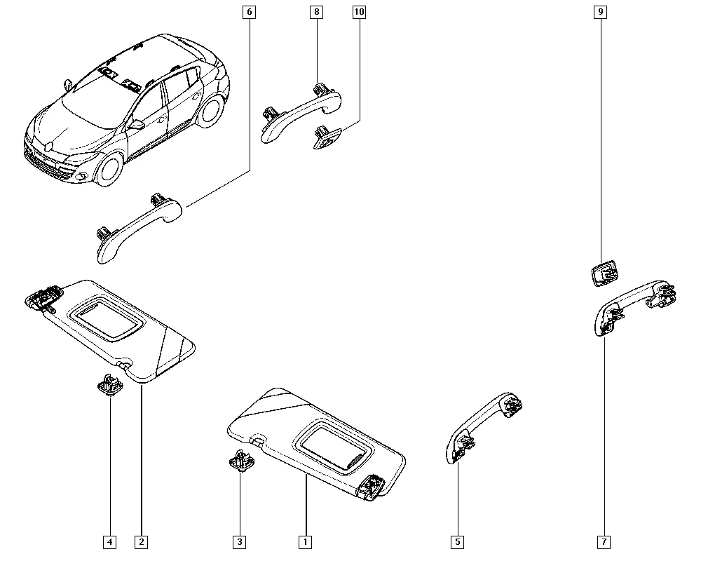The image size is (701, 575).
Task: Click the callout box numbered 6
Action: pos(249,12)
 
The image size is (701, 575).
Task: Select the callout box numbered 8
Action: pos(317,12)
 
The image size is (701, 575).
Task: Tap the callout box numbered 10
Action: pos(359,12)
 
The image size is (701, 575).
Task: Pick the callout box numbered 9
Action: pos(601,12)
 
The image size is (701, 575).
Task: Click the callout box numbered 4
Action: pos(109,542)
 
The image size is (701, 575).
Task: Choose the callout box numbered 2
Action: pos(142,542)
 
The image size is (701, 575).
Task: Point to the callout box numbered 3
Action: pos(240,542)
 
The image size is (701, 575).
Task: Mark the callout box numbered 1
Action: pos(306,542)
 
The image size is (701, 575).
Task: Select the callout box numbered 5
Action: pos(457,542)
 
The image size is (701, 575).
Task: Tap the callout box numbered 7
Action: pos(604,542)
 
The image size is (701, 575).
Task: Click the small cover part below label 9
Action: pos(605,273)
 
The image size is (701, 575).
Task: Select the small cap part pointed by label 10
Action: pos(327,137)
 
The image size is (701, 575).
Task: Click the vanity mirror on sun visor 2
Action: pos(108,318)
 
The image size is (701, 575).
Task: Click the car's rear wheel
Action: pos(210,111)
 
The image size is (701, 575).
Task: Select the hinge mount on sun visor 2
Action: pos(43,297)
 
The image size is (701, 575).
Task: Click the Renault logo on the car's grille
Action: pos(49,147)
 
